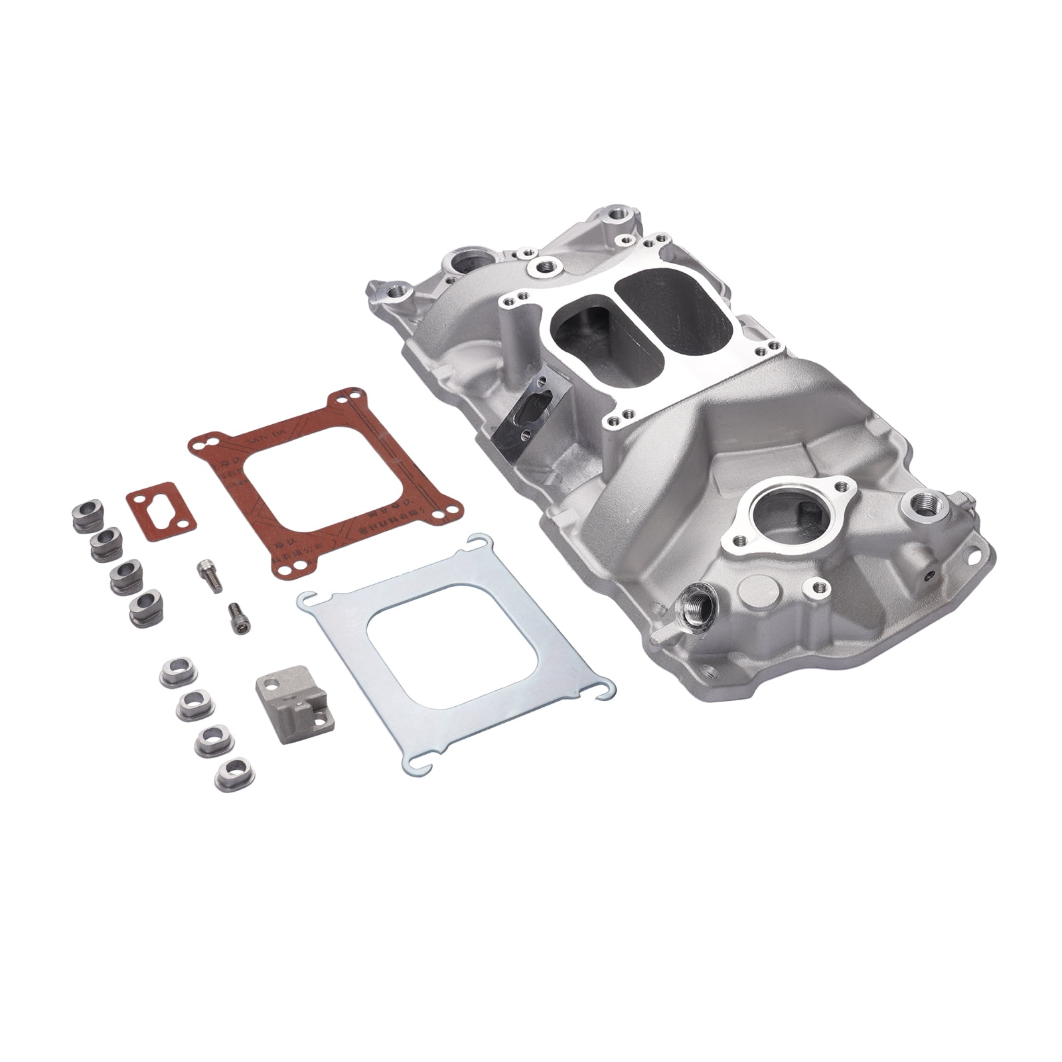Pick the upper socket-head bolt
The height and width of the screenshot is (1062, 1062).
click(x=206, y=575)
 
